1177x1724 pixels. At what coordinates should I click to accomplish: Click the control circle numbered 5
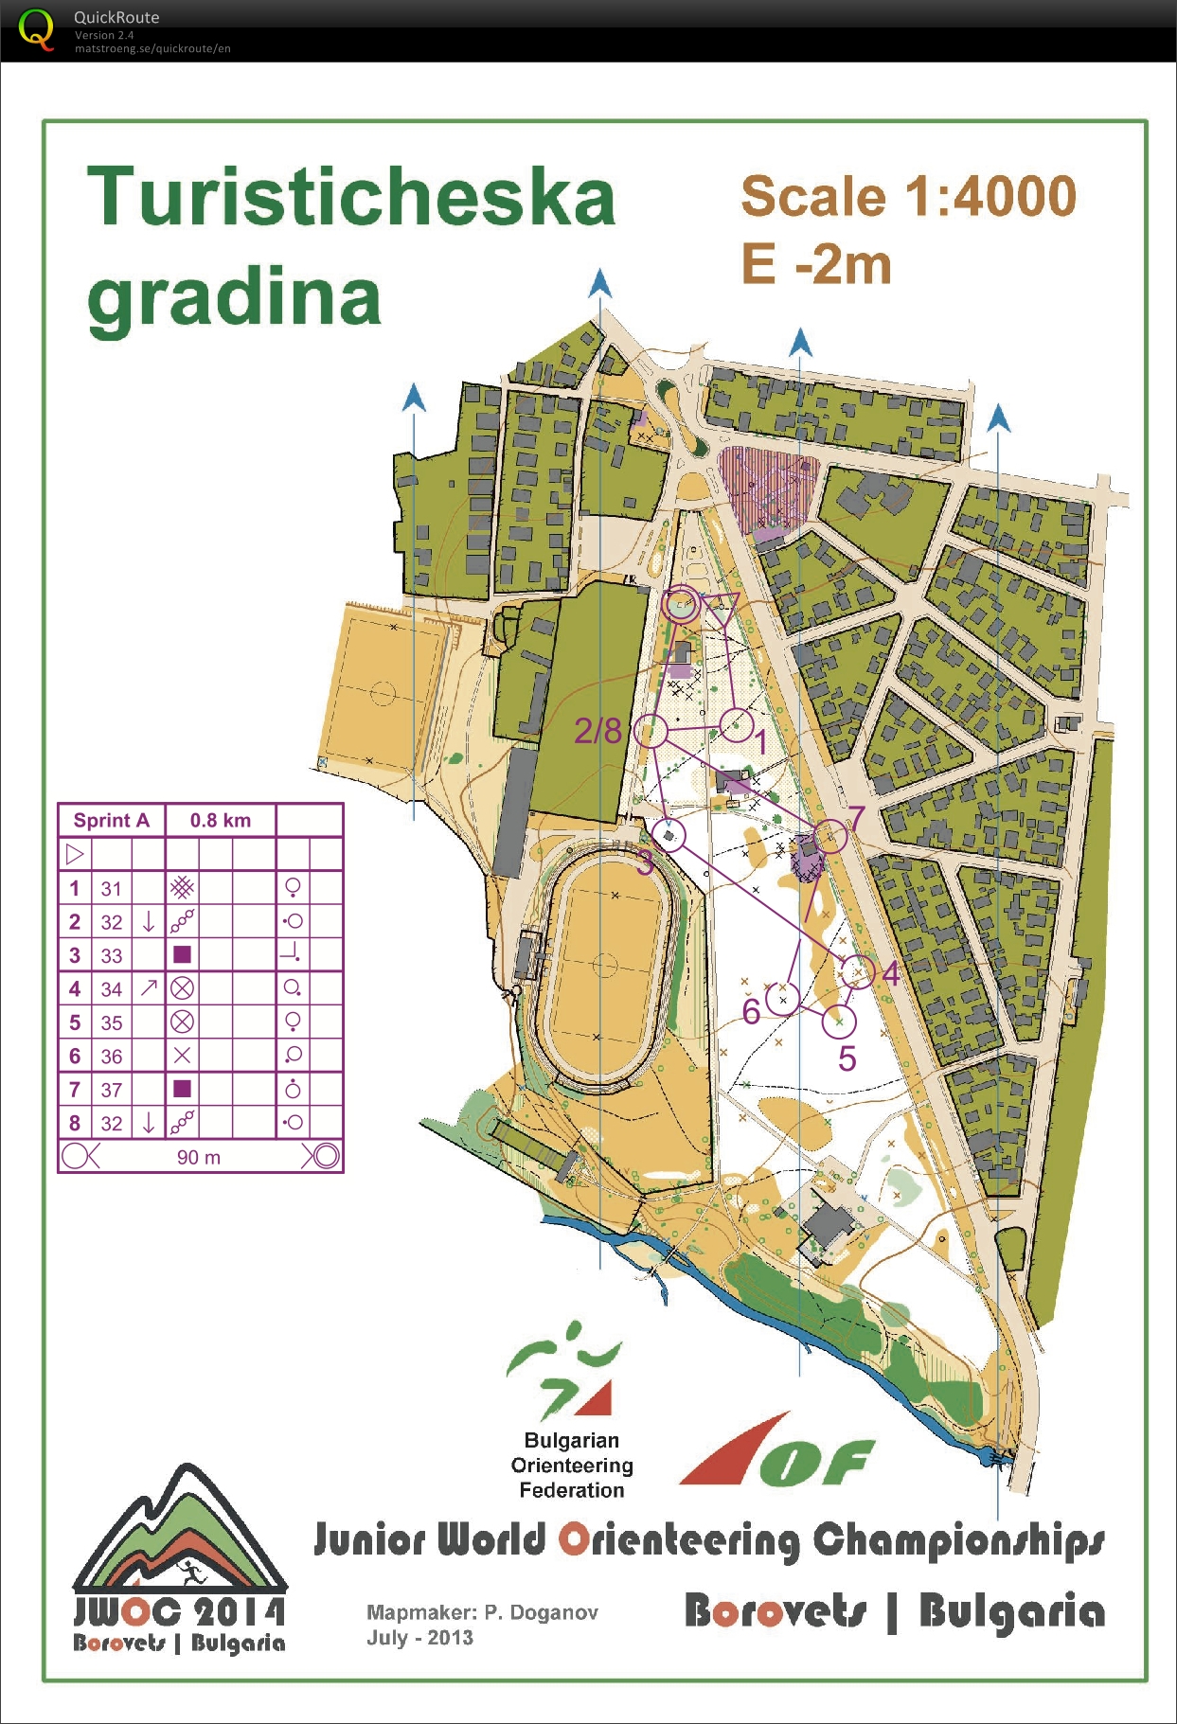click(839, 1022)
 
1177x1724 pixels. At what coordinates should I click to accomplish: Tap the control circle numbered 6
click(783, 999)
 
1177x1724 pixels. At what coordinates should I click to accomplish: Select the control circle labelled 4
click(858, 971)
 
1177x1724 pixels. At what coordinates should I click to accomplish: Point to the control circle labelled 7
click(830, 836)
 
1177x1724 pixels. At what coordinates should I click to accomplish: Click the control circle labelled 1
click(737, 725)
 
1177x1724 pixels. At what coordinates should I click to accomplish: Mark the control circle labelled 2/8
click(651, 731)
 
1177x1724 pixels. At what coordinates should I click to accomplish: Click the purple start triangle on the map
click(720, 607)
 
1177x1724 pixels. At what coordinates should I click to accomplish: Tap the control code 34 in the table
click(112, 989)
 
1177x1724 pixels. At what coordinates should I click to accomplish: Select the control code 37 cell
click(112, 1090)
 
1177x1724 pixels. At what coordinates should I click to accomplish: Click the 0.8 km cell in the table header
click(221, 821)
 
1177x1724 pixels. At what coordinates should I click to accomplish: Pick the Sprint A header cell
click(112, 821)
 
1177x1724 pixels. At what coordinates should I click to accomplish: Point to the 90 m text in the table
click(199, 1157)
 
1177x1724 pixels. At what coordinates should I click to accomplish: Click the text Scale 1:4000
click(908, 197)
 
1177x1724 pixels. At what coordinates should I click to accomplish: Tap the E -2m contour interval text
click(815, 264)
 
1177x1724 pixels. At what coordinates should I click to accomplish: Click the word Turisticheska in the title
click(351, 197)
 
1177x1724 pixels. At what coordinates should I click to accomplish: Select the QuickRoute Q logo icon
click(36, 29)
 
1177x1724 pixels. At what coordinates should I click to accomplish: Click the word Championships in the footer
click(958, 1540)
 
